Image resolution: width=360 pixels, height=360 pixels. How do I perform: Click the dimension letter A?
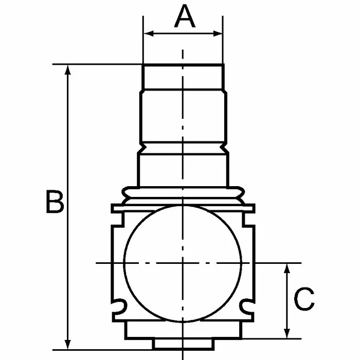coord(185,16)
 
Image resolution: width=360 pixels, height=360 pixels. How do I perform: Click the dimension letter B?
coord(55,202)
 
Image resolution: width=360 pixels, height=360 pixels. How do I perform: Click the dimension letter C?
coord(304,299)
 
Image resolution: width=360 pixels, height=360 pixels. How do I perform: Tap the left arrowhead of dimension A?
coord(149,33)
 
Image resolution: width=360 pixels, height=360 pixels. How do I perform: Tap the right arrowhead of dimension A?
coord(218,33)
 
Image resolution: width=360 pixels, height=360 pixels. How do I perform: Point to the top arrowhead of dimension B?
coord(67,69)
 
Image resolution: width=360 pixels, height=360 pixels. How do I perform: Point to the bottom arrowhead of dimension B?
coord(67,345)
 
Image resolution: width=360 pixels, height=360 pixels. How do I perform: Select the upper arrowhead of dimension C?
coord(287,268)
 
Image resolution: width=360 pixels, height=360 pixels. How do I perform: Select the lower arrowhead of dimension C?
coord(287,333)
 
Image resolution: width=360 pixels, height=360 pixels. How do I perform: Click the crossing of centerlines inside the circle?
coord(183,263)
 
